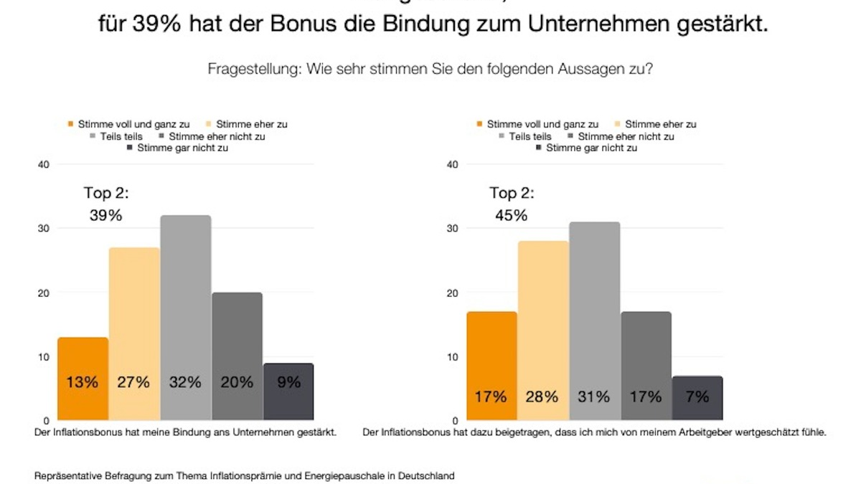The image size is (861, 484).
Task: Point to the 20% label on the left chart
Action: pyautogui.click(x=237, y=382)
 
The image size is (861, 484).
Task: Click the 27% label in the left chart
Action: pyautogui.click(x=133, y=382)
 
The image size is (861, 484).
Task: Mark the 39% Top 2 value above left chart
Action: pyautogui.click(x=105, y=215)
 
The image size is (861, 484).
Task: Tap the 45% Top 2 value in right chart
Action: pyautogui.click(x=510, y=215)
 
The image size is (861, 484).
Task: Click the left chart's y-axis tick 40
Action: pyautogui.click(x=43, y=164)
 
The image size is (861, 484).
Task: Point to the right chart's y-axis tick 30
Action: pyautogui.click(x=452, y=228)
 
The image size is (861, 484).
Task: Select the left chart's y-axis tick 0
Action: pyautogui.click(x=46, y=420)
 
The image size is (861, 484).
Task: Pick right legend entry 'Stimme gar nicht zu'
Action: pyautogui.click(x=591, y=148)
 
